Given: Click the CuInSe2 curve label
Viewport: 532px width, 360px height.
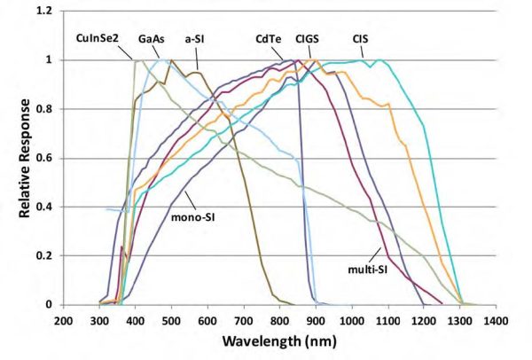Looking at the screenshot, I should click(98, 40).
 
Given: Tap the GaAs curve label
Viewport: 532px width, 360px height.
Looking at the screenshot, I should click(151, 40).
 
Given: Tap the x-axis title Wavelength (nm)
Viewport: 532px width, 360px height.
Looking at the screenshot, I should click(279, 343).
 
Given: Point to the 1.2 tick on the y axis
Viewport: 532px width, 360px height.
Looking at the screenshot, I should click(45, 11).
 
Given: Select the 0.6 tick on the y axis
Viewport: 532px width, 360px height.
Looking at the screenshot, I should click(45, 158).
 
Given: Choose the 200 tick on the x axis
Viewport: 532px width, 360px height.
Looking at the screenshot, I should click(63, 320).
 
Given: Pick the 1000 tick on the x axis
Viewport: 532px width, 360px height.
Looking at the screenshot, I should click(351, 320).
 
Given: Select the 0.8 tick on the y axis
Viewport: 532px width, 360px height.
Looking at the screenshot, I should click(45, 109).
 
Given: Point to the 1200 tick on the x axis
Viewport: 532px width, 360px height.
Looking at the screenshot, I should click(424, 320).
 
